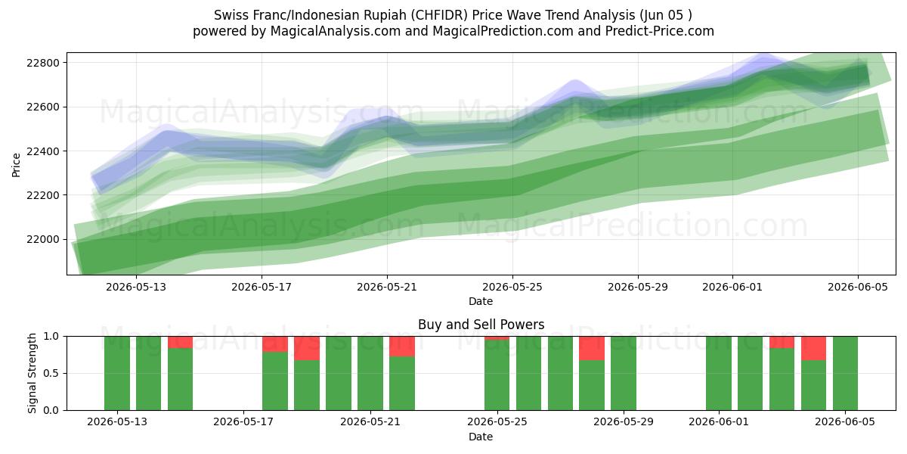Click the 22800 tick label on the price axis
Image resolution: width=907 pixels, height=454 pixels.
coord(43,63)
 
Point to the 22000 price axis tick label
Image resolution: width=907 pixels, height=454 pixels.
coord(43,240)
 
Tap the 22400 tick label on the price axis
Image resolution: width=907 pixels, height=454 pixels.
coord(43,151)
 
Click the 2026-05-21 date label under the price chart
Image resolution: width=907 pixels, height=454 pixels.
coord(387,287)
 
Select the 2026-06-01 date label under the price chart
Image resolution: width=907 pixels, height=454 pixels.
coord(732,287)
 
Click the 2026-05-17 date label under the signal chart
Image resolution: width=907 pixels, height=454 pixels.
coord(243,422)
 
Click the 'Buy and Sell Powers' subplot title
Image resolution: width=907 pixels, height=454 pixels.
coord(481,325)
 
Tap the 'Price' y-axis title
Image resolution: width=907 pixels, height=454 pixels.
coord(16,165)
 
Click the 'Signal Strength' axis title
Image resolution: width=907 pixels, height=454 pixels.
coord(32,373)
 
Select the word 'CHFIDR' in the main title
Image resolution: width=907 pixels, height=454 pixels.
coord(439,15)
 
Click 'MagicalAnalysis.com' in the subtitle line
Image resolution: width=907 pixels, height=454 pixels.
coord(336,31)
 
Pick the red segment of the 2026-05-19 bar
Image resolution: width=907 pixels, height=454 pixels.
coord(307,348)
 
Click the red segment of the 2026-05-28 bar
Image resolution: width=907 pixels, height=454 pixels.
coord(592,348)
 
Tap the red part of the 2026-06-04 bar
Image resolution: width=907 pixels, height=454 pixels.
coord(813,348)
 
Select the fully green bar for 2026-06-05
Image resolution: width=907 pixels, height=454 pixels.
coord(845,373)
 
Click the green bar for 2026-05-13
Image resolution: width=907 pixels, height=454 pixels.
coord(117,373)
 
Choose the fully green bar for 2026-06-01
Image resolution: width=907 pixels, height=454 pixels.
coord(719,373)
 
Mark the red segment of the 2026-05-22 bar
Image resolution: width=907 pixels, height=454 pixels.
coord(402,347)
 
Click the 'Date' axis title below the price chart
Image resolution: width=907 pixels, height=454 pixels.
coord(481,302)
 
